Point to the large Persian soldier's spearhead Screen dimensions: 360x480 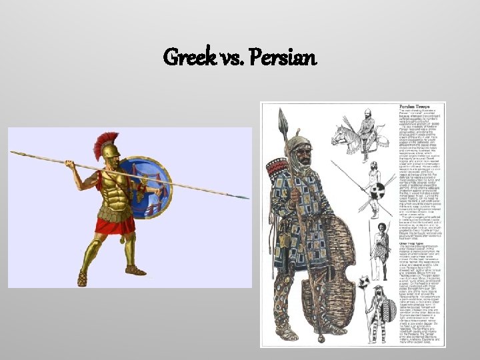284,122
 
